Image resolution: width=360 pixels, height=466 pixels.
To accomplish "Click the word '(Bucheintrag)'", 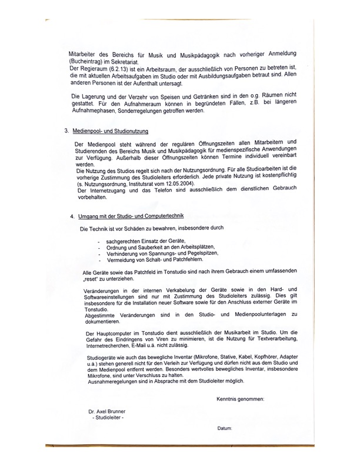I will (x=86, y=61).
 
